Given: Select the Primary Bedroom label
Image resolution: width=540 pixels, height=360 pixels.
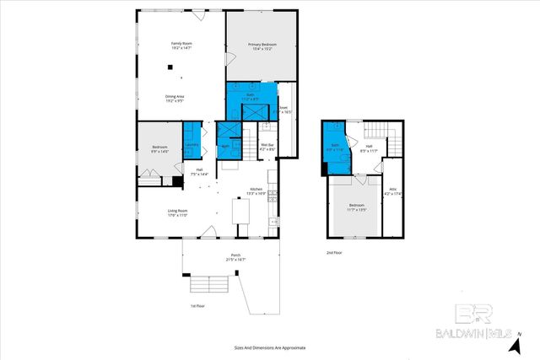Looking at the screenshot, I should pos(262,46).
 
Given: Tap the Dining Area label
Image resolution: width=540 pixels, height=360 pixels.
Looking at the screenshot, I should pos(175,99).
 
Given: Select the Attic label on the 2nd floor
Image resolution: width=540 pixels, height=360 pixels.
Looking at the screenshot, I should pos(393,192).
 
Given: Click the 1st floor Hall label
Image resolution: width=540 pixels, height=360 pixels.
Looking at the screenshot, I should pos(200,172).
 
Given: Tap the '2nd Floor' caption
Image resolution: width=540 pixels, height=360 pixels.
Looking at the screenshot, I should pos(335,252).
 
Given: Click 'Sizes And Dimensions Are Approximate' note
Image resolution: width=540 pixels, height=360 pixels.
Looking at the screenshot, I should pos(269,347).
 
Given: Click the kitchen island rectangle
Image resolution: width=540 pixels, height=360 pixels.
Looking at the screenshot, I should pos(242,212).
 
